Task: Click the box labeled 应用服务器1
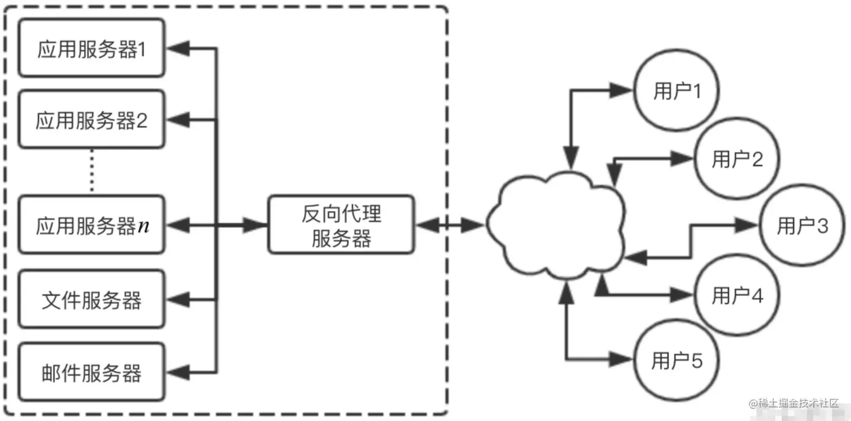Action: (92, 49)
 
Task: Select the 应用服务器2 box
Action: (92, 119)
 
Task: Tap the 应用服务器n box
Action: (92, 225)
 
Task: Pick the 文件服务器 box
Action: (92, 300)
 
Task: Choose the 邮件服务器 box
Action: (92, 373)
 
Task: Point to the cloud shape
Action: (554, 225)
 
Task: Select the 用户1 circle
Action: (677, 91)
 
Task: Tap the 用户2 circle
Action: (737, 159)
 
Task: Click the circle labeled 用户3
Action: (802, 226)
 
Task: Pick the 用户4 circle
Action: (737, 294)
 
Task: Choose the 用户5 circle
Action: (677, 361)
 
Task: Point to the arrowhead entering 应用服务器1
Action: (175, 49)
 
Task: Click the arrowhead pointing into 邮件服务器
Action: (175, 371)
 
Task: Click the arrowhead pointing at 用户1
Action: (624, 89)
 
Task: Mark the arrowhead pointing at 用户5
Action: (624, 359)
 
